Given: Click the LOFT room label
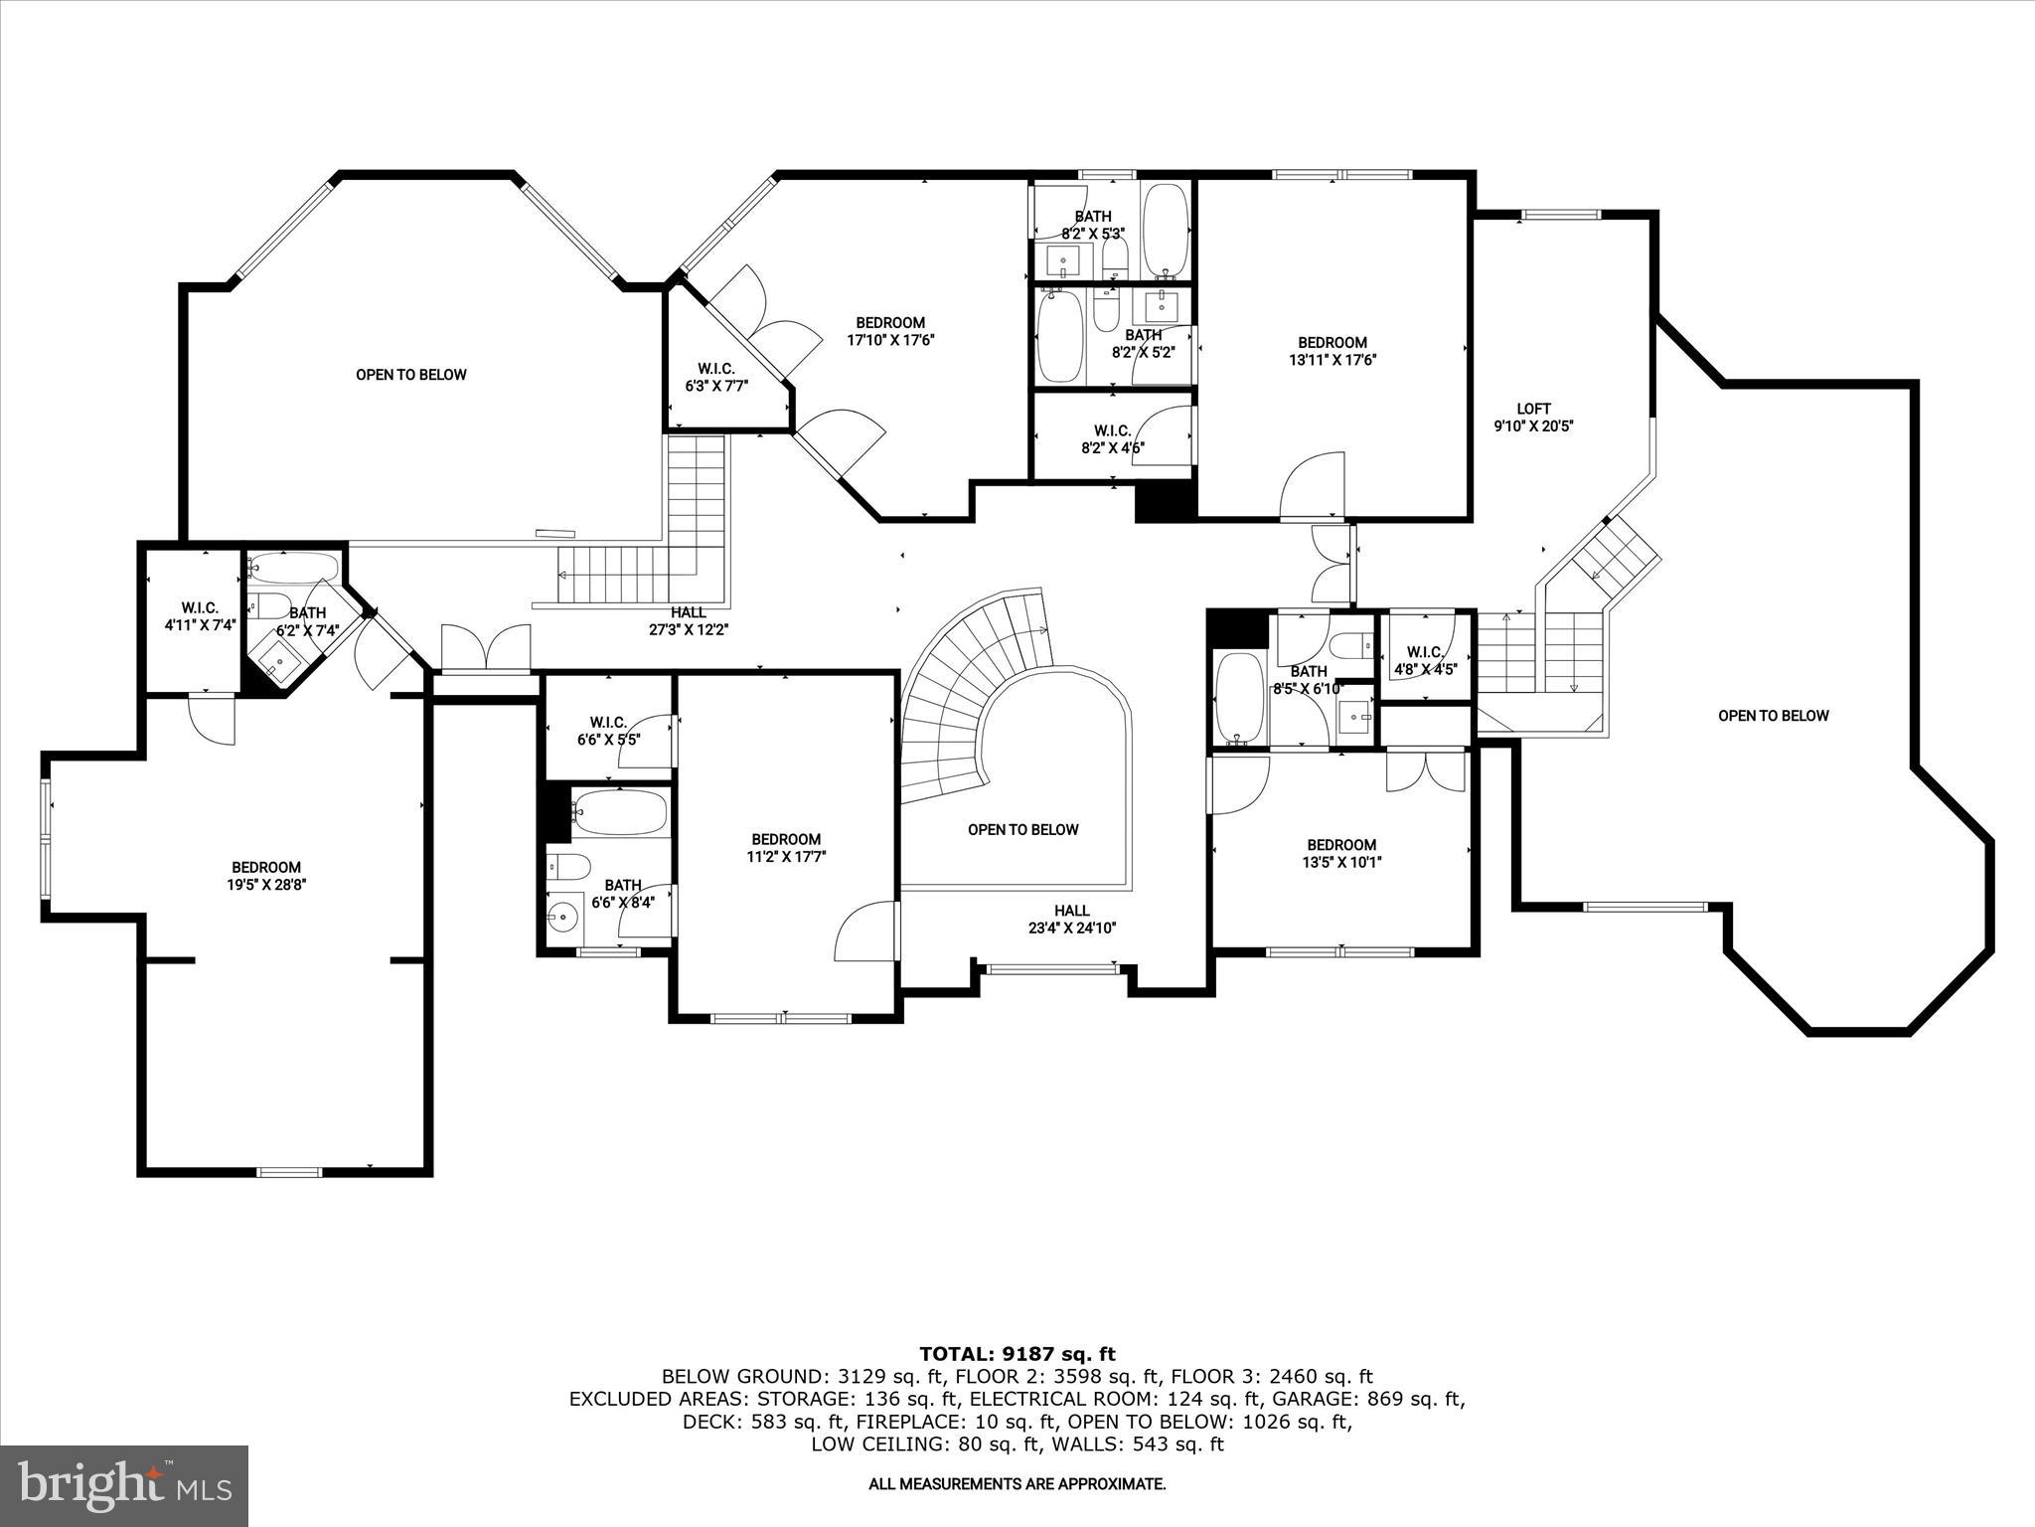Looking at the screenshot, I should click(1533, 417).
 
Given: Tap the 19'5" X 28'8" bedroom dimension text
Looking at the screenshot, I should click(265, 885).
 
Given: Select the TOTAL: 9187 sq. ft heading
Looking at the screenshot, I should click(1017, 1353).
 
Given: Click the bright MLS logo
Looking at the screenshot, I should click(124, 1485).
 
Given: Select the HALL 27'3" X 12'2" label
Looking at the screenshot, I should click(688, 620).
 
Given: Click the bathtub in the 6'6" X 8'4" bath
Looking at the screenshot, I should click(619, 812).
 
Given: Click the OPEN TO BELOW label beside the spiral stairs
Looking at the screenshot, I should click(1022, 829).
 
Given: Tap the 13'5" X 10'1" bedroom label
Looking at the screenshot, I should click(1340, 853).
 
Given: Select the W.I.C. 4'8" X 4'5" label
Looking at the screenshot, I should click(1424, 660).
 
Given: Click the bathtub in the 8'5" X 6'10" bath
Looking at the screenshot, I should click(1238, 698).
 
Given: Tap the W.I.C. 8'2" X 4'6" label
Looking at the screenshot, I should click(1112, 438).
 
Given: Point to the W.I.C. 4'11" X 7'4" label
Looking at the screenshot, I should click(200, 616).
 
